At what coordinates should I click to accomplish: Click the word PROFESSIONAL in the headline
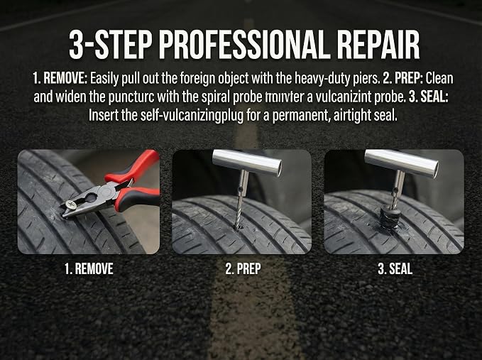[x=243, y=45]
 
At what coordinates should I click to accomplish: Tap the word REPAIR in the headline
[x=378, y=45]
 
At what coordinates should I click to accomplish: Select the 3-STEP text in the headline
[x=110, y=45]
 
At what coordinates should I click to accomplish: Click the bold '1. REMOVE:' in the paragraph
[x=60, y=79]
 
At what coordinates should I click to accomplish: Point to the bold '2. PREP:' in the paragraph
[x=403, y=79]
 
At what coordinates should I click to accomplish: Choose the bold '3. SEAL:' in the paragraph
[x=429, y=97]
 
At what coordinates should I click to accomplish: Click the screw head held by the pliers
[x=70, y=204]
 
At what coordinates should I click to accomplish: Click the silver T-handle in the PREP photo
[x=247, y=163]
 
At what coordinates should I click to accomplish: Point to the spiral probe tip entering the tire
[x=237, y=228]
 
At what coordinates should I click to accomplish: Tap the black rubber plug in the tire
[x=389, y=218]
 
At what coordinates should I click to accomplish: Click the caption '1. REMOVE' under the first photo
[x=89, y=268]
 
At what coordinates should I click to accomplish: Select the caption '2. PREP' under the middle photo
[x=243, y=268]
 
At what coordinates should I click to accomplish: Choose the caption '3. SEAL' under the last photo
[x=395, y=268]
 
